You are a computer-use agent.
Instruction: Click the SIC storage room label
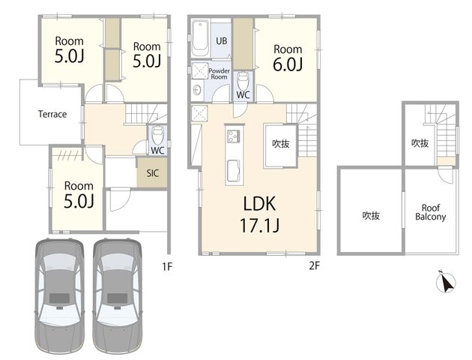152,173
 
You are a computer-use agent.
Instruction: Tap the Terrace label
52,114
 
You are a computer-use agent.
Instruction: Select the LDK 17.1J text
259,214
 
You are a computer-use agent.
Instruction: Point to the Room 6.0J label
288,58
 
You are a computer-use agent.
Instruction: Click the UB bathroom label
222,40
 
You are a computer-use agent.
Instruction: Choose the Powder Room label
219,73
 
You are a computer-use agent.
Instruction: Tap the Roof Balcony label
431,212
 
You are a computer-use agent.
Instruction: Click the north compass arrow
446,282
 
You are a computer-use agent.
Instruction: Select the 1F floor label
167,266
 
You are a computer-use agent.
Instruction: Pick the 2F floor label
314,265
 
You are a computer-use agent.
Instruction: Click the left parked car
59,297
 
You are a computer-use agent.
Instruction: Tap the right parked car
117,297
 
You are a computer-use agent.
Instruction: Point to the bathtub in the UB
200,38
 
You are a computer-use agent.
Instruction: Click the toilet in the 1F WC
157,136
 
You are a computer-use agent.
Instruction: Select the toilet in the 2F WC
243,80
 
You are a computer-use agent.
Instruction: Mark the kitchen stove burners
234,136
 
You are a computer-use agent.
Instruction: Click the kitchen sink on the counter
234,170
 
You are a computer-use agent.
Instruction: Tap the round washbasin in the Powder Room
198,90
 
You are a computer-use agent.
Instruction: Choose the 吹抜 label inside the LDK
280,144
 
